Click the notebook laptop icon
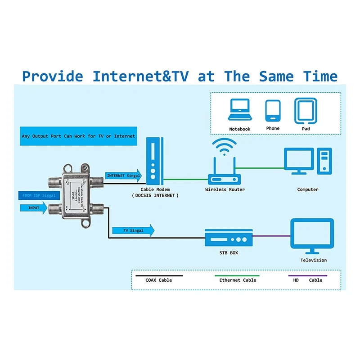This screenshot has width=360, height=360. pyautogui.click(x=239, y=110)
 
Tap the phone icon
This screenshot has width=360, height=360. pyautogui.click(x=273, y=110)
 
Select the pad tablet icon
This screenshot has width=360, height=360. pyautogui.click(x=306, y=110)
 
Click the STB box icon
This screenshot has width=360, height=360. pyautogui.click(x=228, y=238)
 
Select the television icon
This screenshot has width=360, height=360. pyautogui.click(x=312, y=236)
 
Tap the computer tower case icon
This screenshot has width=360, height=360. pyautogui.click(x=324, y=161)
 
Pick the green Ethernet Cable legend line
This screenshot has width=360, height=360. pyautogui.click(x=237, y=275)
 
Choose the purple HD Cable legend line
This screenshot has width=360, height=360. pyautogui.click(x=307, y=275)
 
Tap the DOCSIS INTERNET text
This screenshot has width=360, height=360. pyautogui.click(x=155, y=195)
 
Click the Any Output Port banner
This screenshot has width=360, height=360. pyautogui.click(x=78, y=136)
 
